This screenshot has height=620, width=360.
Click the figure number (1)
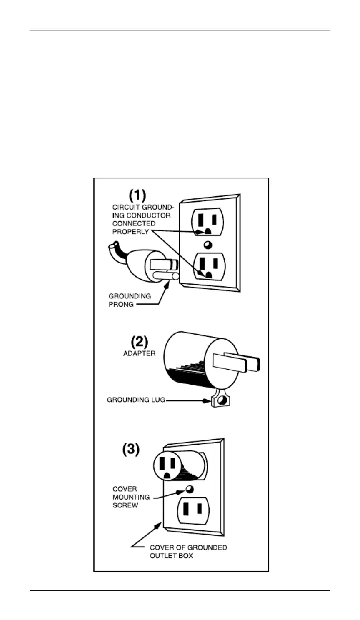137,195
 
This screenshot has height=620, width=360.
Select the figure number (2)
140,342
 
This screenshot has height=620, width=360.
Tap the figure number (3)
131,449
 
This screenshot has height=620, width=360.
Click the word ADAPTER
140,353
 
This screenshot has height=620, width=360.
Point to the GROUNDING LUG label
136,400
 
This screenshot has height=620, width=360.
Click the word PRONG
121,305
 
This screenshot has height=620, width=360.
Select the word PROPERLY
131,232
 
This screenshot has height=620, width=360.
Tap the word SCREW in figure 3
125,505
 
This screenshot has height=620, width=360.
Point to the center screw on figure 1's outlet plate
207,245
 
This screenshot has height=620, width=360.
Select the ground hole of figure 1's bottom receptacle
208,275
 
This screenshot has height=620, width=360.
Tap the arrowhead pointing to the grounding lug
206,400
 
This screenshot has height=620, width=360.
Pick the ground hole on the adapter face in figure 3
167,476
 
